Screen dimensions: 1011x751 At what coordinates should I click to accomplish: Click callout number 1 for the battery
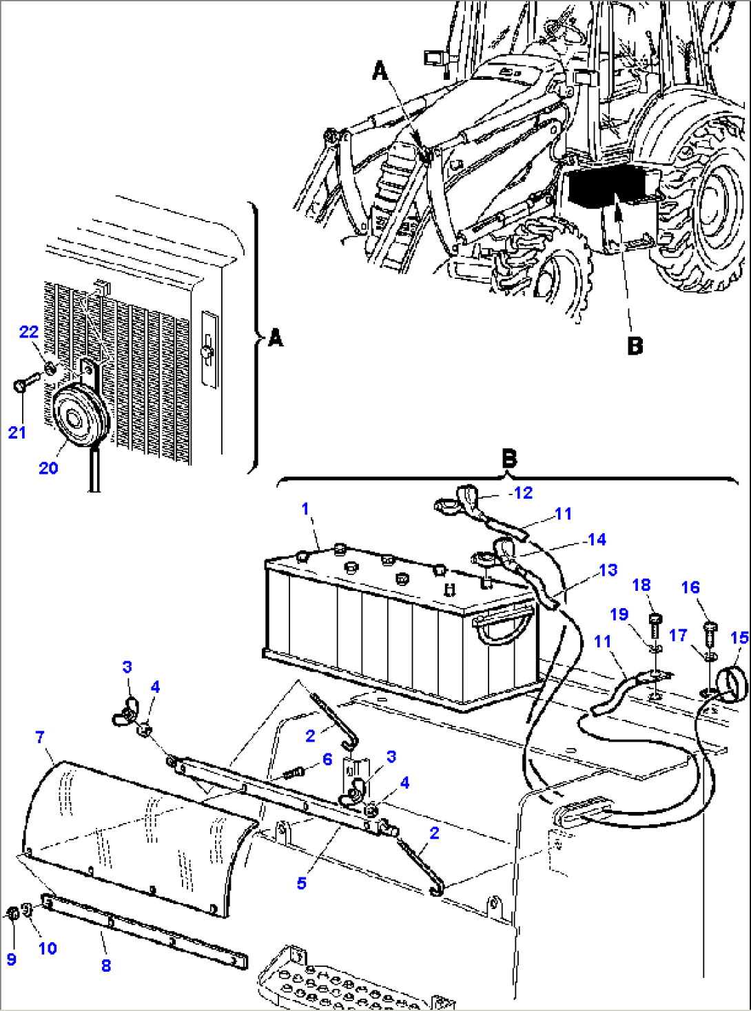tap(305, 509)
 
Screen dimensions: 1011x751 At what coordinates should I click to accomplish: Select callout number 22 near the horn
tap(29, 332)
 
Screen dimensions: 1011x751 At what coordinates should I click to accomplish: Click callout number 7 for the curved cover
tap(40, 737)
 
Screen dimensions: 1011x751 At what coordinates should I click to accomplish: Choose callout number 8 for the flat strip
tap(105, 966)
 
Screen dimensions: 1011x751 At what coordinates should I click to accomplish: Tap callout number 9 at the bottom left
tap(11, 959)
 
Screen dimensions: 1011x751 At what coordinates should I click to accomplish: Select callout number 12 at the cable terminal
tap(523, 493)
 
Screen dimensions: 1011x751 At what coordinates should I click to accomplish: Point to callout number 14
tap(597, 539)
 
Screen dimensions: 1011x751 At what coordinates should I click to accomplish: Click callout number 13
tap(608, 570)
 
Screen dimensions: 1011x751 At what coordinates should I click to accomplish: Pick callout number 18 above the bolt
tap(641, 585)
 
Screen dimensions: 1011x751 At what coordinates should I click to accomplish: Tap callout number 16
tap(690, 587)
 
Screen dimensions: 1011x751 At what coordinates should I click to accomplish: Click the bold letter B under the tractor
tap(635, 345)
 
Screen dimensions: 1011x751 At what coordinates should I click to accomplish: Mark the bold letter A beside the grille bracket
tap(276, 338)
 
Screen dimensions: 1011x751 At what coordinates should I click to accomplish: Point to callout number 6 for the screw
tap(327, 759)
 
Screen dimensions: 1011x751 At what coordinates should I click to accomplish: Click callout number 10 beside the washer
tap(48, 948)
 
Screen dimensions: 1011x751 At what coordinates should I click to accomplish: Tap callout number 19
tap(619, 614)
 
